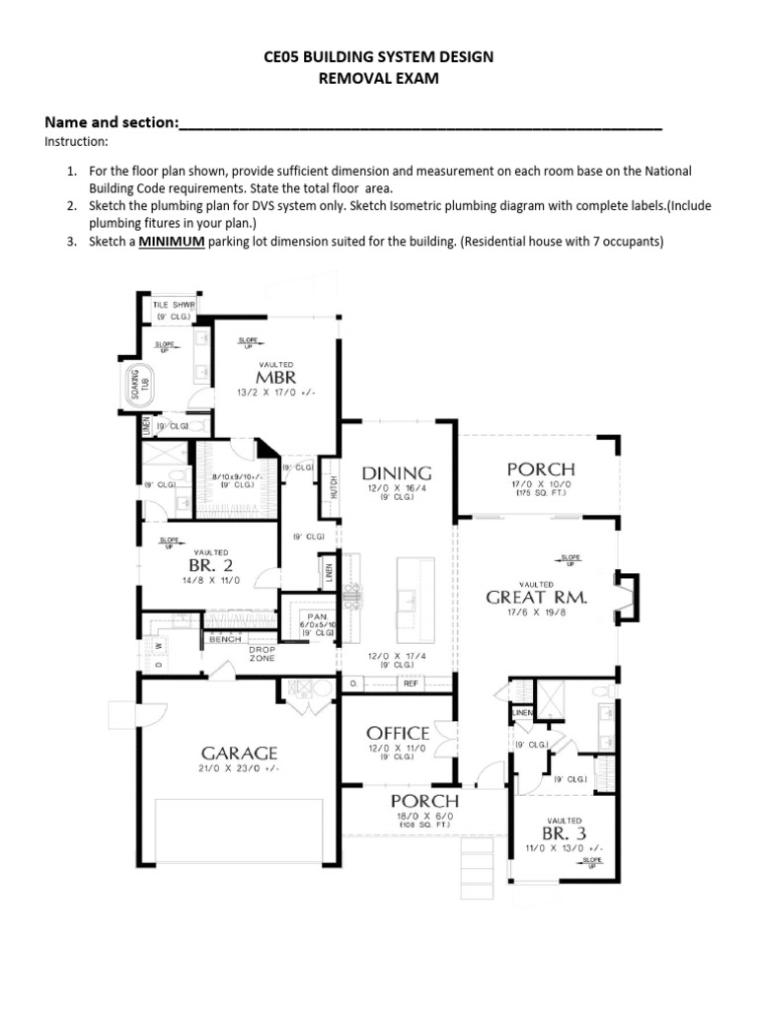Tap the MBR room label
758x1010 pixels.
(x=275, y=377)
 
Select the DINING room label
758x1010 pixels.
(x=397, y=473)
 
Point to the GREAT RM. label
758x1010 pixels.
(x=537, y=597)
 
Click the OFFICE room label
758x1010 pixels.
(x=398, y=733)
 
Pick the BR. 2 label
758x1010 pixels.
(x=210, y=566)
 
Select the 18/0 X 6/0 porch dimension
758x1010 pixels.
(x=424, y=816)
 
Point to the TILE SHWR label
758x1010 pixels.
(x=175, y=306)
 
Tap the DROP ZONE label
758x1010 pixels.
(x=262, y=654)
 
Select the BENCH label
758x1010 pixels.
(x=225, y=639)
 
